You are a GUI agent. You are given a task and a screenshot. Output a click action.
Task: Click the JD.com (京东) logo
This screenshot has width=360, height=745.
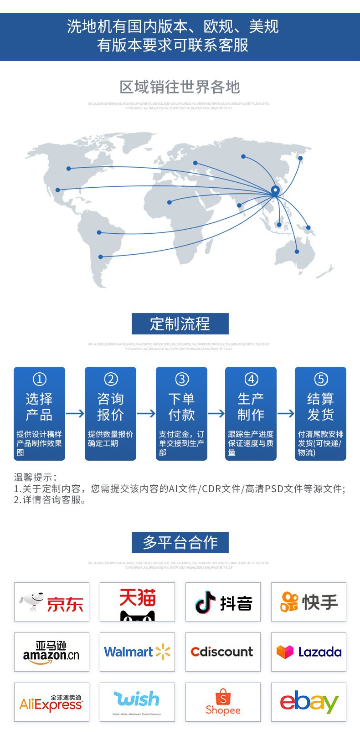point(51,602)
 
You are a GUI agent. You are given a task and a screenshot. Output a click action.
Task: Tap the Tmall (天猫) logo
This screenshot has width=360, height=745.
point(137,602)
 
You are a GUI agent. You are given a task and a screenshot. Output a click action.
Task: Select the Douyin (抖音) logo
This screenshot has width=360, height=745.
point(223,602)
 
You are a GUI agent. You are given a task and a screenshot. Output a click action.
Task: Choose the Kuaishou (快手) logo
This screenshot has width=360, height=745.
point(309,602)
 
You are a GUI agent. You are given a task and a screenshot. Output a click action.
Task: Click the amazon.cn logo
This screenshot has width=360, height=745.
point(51,652)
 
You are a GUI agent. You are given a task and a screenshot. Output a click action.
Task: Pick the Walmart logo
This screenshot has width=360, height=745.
point(137,652)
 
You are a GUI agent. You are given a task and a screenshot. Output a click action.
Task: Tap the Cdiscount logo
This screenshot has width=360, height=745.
point(223,652)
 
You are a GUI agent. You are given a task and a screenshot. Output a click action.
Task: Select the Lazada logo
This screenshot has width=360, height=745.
point(309,652)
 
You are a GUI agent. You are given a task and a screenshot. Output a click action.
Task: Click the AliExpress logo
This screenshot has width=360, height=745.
point(51,702)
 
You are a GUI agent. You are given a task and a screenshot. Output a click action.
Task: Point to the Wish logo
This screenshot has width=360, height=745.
point(137,702)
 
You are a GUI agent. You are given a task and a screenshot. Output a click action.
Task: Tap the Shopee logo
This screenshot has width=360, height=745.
point(223,702)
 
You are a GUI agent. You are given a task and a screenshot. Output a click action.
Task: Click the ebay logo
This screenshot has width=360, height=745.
point(309,702)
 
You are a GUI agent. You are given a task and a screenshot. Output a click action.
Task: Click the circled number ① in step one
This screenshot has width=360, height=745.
point(40,379)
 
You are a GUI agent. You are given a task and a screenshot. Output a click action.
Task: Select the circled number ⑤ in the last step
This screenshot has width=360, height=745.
point(321,379)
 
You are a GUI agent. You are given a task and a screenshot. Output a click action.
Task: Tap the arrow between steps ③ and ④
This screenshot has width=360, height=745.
point(216,413)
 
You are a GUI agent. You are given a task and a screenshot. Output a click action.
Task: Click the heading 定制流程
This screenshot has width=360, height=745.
point(180,324)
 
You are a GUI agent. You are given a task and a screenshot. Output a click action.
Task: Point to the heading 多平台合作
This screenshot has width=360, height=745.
point(180,542)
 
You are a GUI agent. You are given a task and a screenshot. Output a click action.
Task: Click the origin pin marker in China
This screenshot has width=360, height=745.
point(275,190)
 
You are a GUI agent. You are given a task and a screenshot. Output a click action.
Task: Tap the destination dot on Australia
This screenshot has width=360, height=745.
point(297,252)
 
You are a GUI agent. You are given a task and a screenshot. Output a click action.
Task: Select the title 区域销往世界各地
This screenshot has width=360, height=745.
point(180,87)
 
